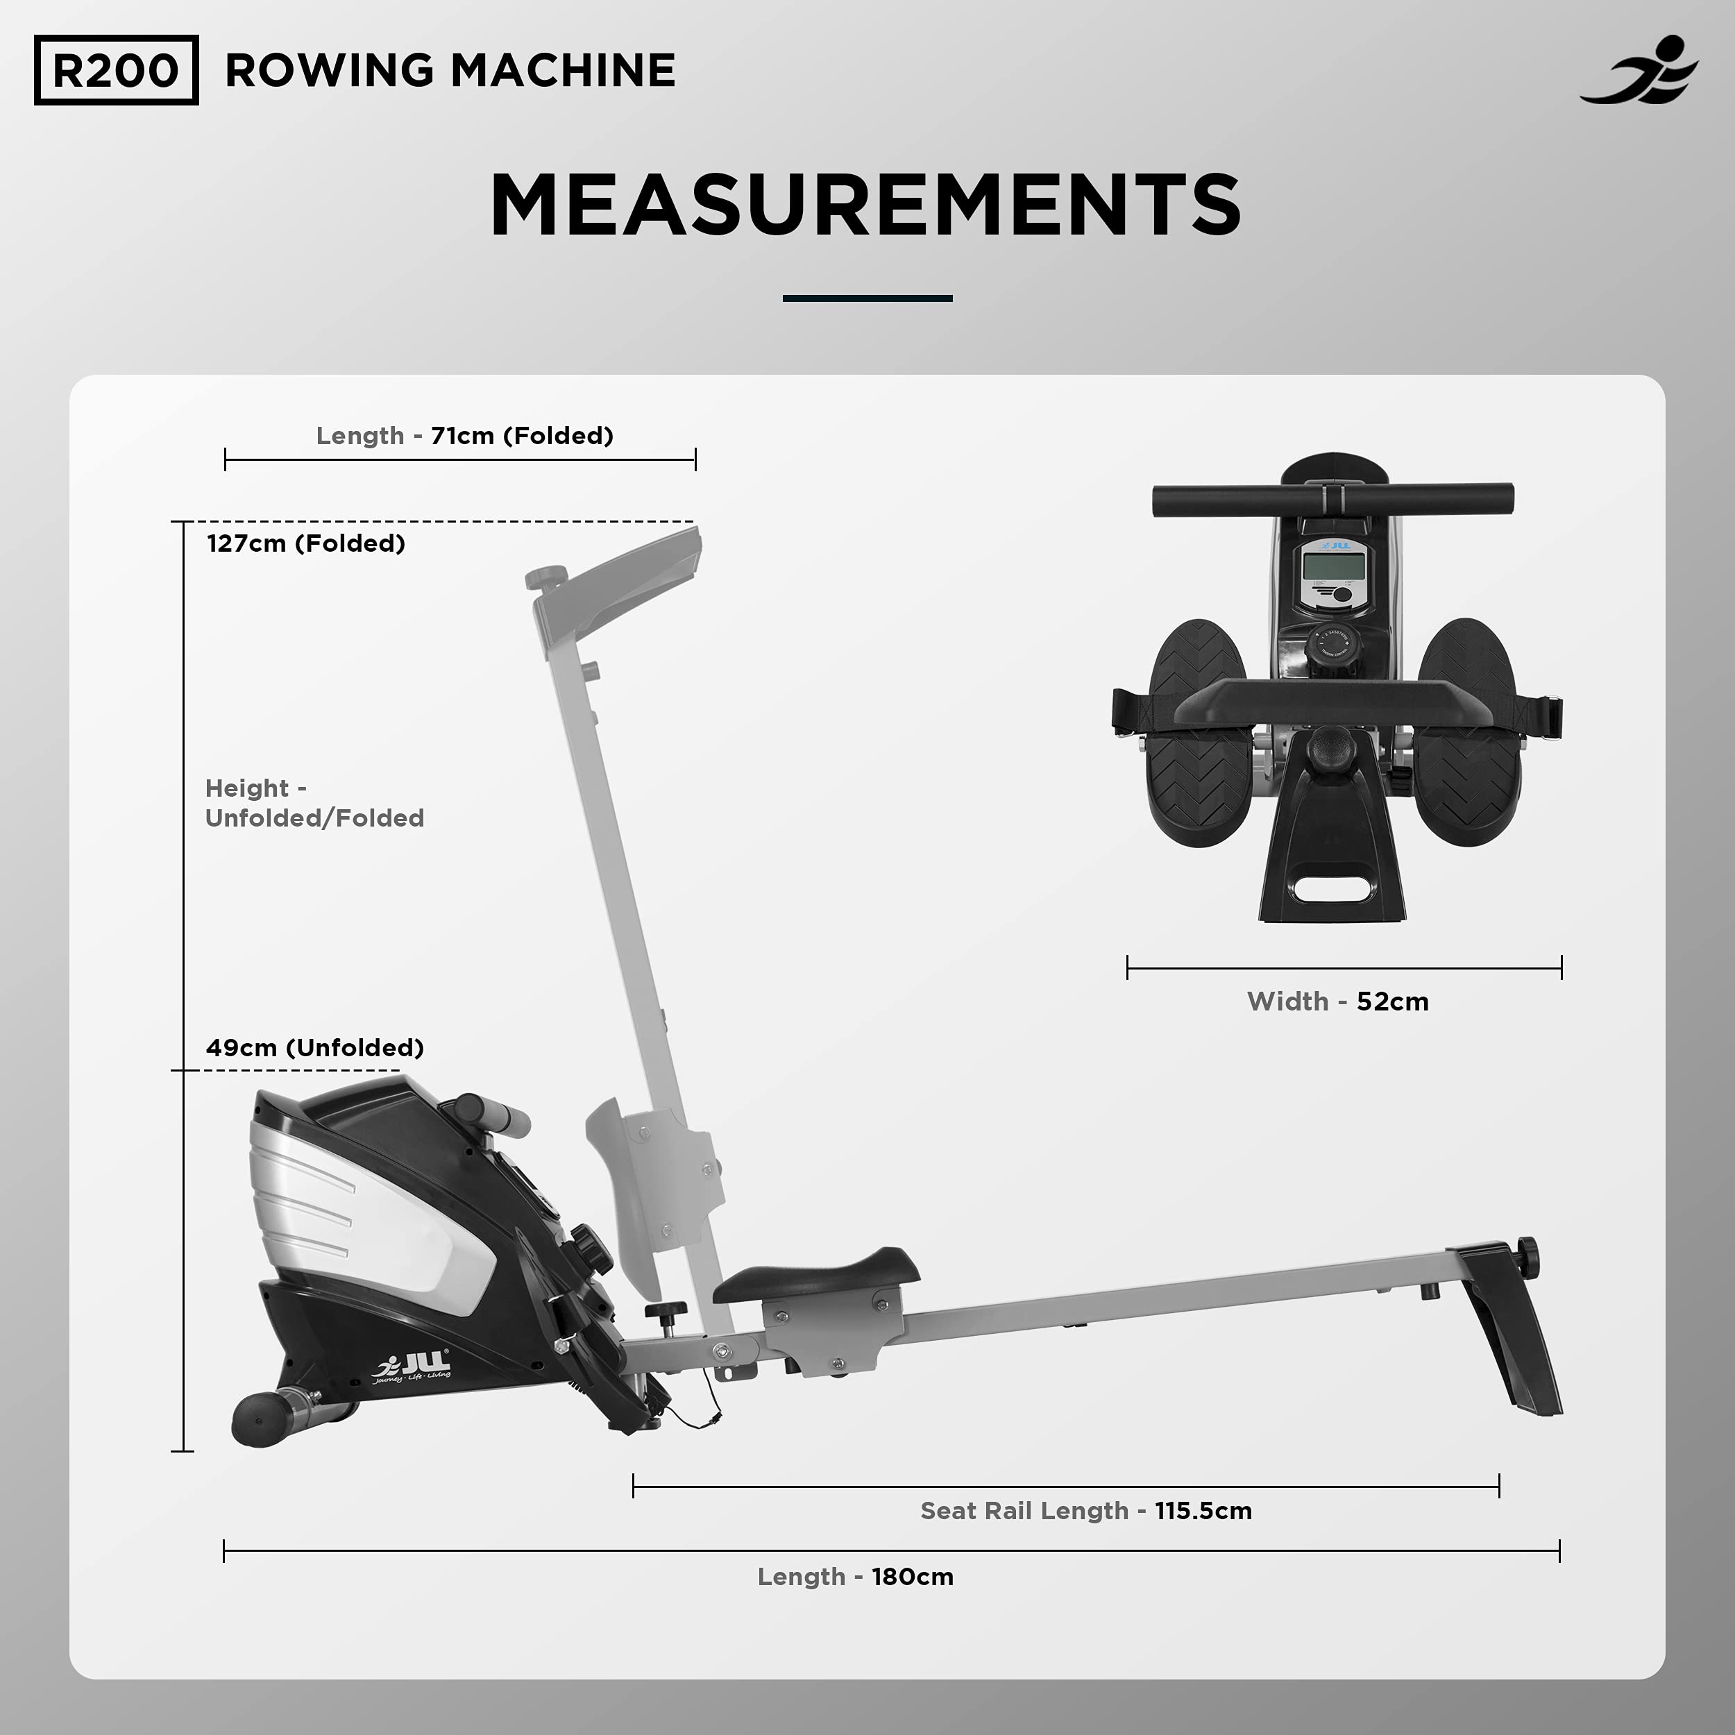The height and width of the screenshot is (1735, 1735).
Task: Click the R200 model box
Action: [x=116, y=70]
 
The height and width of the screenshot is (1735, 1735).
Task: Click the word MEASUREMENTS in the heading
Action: [x=865, y=205]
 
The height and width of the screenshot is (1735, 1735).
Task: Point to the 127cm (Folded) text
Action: [x=305, y=543]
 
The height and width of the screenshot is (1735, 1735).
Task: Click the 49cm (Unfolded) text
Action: [x=314, y=1047]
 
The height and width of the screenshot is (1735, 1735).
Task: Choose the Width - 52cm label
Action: [x=1337, y=1001]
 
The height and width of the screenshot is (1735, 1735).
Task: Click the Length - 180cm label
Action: [x=855, y=1576]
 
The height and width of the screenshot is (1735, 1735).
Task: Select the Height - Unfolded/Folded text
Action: [x=314, y=803]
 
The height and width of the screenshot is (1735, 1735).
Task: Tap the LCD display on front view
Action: [x=1334, y=568]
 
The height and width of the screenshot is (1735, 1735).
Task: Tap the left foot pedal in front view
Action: [x=1199, y=732]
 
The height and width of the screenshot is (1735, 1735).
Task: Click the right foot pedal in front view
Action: [x=1469, y=732]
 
